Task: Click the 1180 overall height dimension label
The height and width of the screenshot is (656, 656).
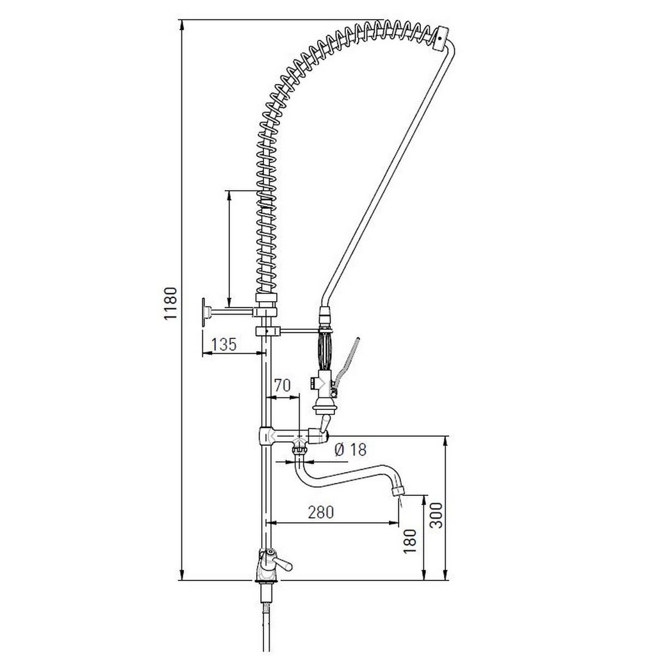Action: point(170,304)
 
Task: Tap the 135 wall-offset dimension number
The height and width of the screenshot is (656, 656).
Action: point(224,344)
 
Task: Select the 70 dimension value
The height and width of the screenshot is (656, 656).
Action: point(282,385)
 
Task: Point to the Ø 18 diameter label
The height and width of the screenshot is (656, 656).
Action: point(350,449)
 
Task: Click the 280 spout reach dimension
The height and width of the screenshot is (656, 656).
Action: point(321,512)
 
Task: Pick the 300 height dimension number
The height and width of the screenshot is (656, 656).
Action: point(436,515)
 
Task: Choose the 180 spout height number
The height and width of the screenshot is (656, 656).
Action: point(410,541)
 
